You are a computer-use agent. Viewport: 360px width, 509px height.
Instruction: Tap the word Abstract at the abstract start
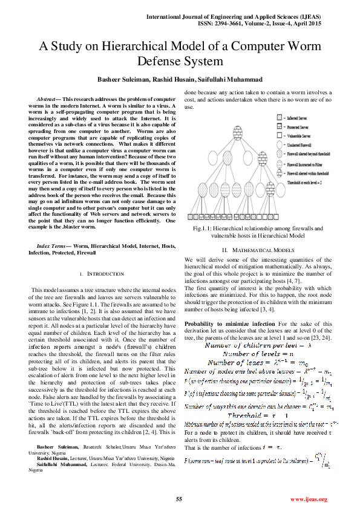click(x=46, y=98)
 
